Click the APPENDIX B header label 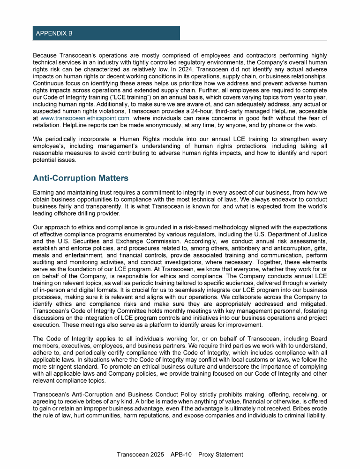[x=54, y=34]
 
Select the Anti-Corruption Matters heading [x=81, y=178]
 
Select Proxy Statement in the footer [x=221, y=454]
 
